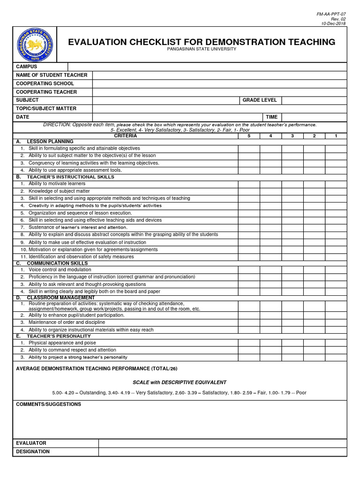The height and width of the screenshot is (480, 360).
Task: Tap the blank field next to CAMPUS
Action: (x=207, y=67)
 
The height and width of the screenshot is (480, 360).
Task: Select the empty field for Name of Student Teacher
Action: (x=219, y=75)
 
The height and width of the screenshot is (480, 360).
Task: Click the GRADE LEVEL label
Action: (x=259, y=100)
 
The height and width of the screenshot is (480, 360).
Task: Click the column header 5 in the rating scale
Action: (x=248, y=136)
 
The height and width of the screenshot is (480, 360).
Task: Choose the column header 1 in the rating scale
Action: (x=336, y=136)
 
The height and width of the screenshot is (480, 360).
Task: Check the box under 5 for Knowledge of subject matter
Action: (x=248, y=191)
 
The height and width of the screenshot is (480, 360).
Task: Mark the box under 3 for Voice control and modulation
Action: (x=292, y=270)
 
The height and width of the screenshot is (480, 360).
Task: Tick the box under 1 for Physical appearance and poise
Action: (x=336, y=343)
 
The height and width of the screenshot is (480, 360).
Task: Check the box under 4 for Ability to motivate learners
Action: (x=270, y=184)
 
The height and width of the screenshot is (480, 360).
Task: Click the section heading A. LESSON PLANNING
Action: (x=45, y=142)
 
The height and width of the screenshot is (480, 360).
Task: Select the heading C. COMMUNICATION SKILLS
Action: (x=52, y=263)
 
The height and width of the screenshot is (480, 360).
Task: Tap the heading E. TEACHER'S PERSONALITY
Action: (x=53, y=336)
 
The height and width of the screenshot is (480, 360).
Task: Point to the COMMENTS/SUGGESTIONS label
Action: (x=48, y=404)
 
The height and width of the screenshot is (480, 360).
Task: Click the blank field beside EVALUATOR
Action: (x=222, y=443)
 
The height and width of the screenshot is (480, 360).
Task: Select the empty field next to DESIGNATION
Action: (x=222, y=451)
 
